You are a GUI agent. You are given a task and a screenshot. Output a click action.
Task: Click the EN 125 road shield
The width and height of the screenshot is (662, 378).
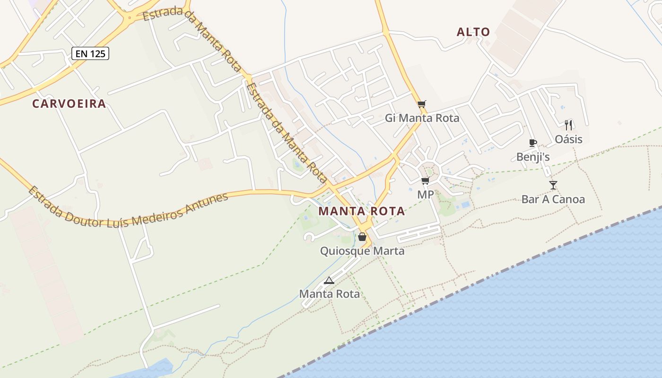pos(90,53)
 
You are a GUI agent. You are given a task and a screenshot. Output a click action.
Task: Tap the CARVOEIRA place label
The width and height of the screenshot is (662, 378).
pos(69,104)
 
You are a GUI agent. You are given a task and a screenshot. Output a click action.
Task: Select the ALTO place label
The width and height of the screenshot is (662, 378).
pos(473,32)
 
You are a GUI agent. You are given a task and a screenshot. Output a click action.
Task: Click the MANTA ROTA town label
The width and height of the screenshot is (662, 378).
pos(362,211)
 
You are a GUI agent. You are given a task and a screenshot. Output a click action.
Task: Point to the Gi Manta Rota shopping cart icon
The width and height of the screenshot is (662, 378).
pos(422,104)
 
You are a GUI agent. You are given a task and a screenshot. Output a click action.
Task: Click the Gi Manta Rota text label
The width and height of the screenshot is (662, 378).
pos(422,118)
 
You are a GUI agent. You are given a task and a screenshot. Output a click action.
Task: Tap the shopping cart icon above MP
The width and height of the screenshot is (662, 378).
pos(426,180)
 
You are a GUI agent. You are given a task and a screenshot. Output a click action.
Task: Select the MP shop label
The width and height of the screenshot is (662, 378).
pos(426,195)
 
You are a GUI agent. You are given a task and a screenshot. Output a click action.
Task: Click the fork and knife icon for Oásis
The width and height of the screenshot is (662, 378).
pos(568,125)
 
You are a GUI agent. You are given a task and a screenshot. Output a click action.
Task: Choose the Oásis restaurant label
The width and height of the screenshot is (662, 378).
pos(568,139)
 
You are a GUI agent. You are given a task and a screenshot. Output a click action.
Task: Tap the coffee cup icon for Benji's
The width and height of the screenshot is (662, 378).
pos(533,143)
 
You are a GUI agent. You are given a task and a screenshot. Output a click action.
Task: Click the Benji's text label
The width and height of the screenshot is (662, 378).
pos(533,157)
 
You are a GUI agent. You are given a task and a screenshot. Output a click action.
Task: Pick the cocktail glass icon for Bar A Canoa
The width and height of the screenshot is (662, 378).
pos(553,185)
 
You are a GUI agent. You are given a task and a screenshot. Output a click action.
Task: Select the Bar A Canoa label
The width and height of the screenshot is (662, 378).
pos(553,199)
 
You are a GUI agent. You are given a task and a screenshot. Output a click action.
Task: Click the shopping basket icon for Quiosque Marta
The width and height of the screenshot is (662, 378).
pos(362,237)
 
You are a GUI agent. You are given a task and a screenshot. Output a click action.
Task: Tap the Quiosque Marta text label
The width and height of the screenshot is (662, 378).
pos(362,251)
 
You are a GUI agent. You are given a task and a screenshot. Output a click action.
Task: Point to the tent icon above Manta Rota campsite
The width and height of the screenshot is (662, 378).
pos(329,280)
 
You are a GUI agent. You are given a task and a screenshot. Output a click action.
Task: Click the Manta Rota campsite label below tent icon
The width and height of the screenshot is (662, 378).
pos(329,294)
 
